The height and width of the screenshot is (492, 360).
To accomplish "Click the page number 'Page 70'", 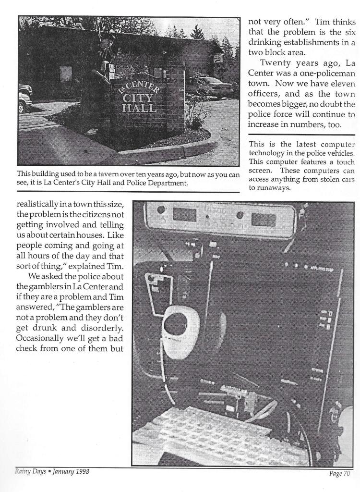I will [x=341, y=474].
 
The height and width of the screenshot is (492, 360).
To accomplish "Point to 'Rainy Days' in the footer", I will [x=23, y=472].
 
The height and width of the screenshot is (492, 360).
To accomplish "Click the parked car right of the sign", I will [x=211, y=86].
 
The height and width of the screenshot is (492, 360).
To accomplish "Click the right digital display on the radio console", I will [x=264, y=219].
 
